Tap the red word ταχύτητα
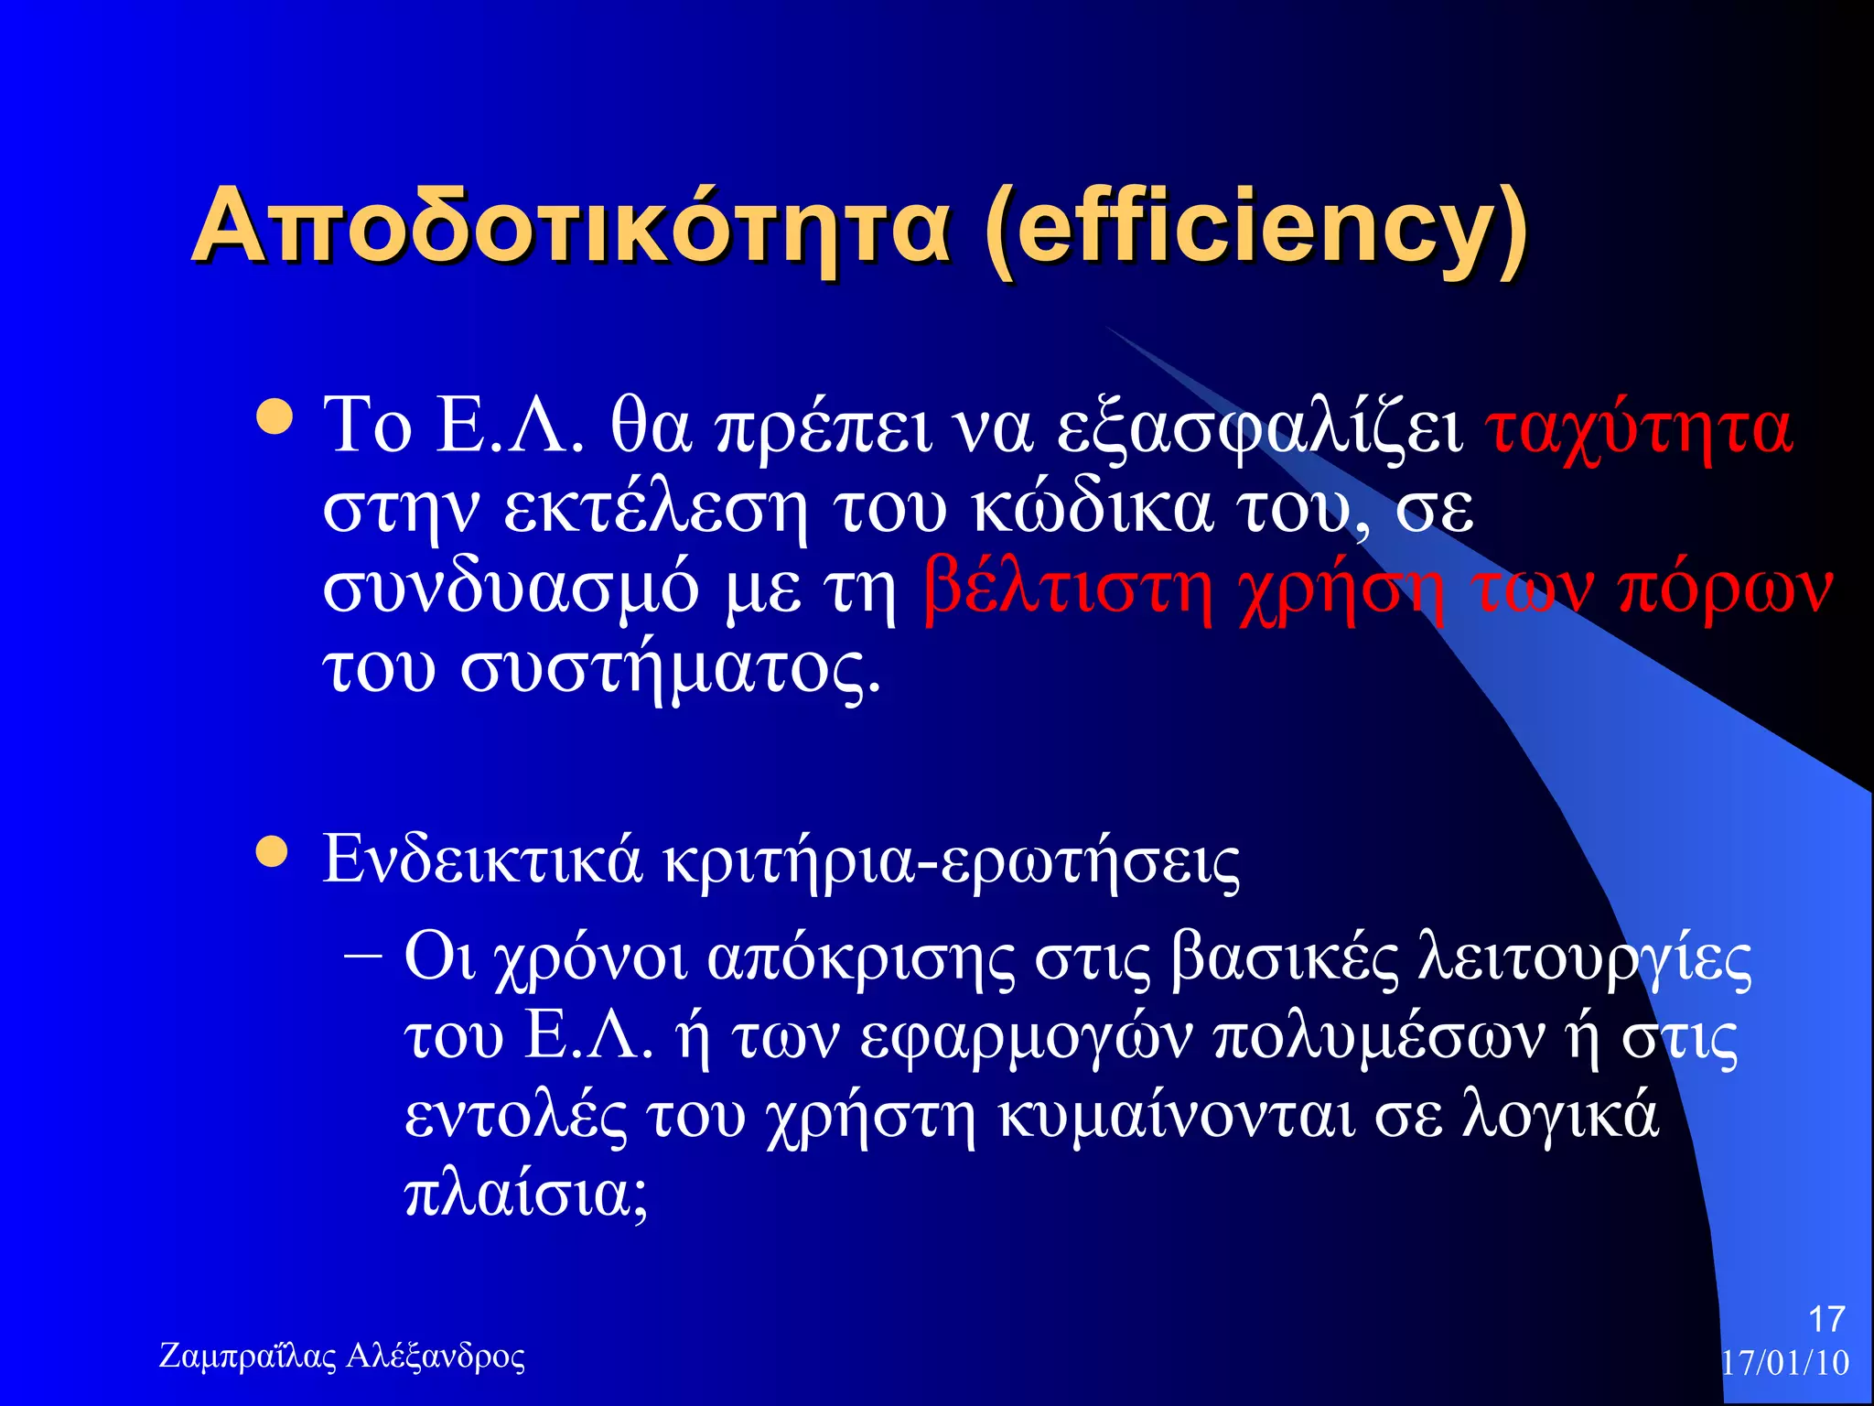click(x=1638, y=428)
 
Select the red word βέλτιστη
click(x=1067, y=589)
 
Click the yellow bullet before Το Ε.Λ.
click(x=274, y=416)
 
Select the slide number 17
click(x=1826, y=1319)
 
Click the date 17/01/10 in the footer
click(x=1784, y=1362)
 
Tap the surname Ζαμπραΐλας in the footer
click(x=248, y=1356)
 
